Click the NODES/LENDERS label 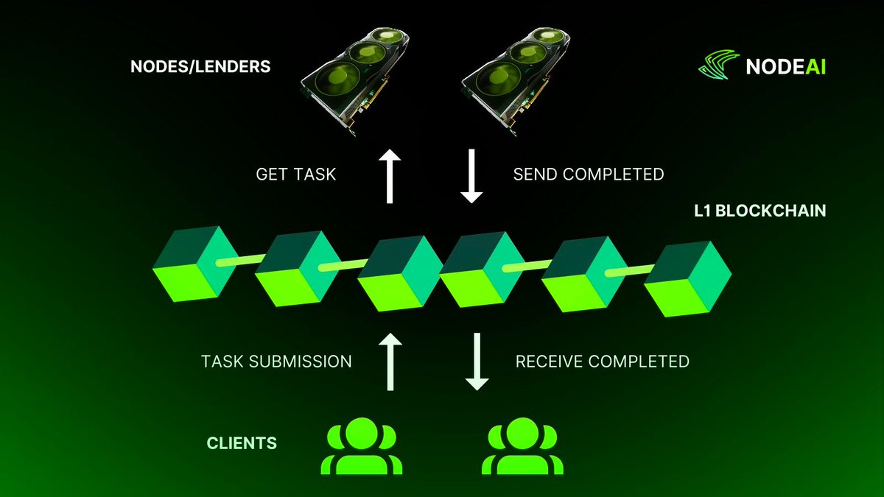point(200,67)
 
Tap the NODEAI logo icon point(718,66)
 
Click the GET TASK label point(295,175)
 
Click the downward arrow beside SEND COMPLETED point(471,175)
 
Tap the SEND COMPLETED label point(588,175)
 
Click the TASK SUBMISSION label point(276,362)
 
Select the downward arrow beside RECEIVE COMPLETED point(477,361)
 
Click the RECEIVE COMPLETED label point(602,362)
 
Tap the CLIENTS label point(241,443)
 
